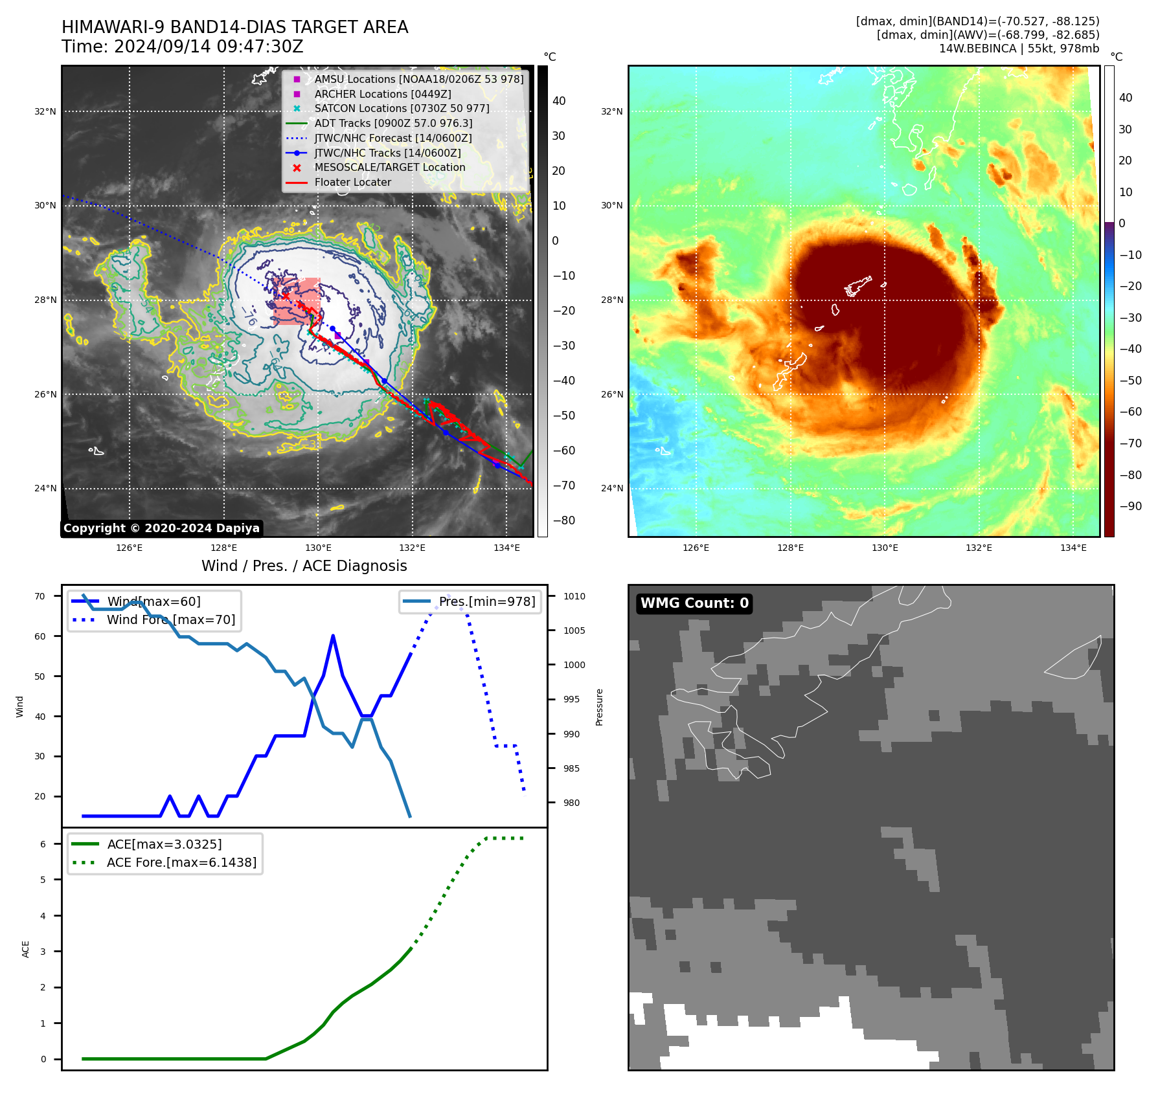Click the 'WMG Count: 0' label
point(694,603)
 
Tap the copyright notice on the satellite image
point(161,528)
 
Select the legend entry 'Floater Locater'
point(352,183)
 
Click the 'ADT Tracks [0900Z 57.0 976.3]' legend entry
point(393,123)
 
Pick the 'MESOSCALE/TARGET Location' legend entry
point(389,168)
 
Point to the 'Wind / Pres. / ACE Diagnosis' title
point(304,566)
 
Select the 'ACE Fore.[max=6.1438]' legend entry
point(181,862)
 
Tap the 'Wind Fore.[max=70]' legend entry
point(170,620)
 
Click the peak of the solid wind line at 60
point(333,636)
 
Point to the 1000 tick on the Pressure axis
point(574,665)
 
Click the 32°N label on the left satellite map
point(45,112)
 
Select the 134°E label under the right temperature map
point(1073,548)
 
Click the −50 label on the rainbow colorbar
point(1130,381)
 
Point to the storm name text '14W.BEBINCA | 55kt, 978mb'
point(1019,49)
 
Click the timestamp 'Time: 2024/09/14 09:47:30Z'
point(182,47)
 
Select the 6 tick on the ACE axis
point(43,844)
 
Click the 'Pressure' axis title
point(600,707)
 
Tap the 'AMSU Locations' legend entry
point(418,79)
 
